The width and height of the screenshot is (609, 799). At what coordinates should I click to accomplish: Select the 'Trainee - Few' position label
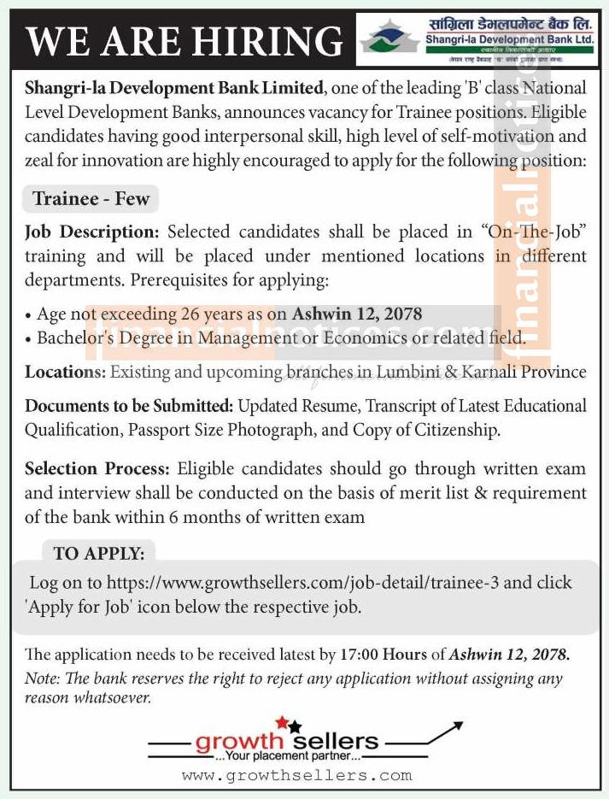91,199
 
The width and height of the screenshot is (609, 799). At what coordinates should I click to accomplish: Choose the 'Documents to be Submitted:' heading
130,406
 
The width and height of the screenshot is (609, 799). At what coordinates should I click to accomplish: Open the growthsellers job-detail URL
298,583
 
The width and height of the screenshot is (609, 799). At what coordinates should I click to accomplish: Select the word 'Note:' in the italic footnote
41,679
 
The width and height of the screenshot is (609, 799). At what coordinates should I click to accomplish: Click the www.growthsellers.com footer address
296,776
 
